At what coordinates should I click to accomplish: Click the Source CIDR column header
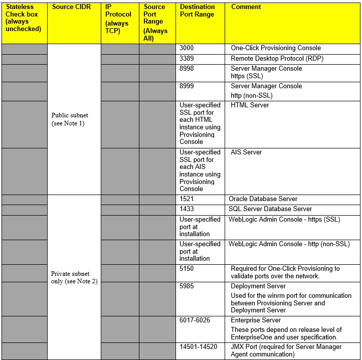tap(70, 7)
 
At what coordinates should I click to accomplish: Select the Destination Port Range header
tap(197, 11)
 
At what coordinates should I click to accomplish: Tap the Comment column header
tap(246, 7)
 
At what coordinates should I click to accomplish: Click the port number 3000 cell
tap(187, 48)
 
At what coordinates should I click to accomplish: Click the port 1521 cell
tap(187, 199)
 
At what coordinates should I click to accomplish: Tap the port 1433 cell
tap(187, 209)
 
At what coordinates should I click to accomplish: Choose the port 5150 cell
tap(187, 268)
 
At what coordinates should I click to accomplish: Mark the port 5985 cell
tap(187, 286)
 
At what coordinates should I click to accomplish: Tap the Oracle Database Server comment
tap(263, 199)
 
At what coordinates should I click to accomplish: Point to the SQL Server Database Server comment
tap(270, 209)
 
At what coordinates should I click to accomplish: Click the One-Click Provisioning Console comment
tap(276, 48)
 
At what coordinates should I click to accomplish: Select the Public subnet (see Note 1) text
tap(70, 119)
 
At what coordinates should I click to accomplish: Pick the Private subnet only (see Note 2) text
tap(74, 277)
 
